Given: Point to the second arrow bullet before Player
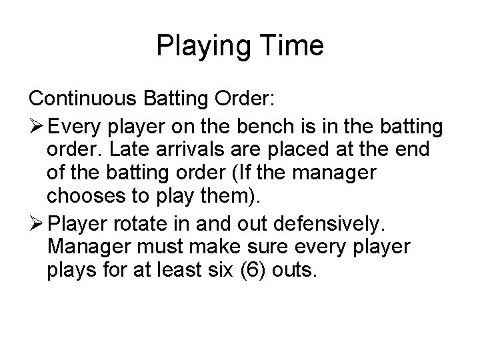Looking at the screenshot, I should click(37, 223).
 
